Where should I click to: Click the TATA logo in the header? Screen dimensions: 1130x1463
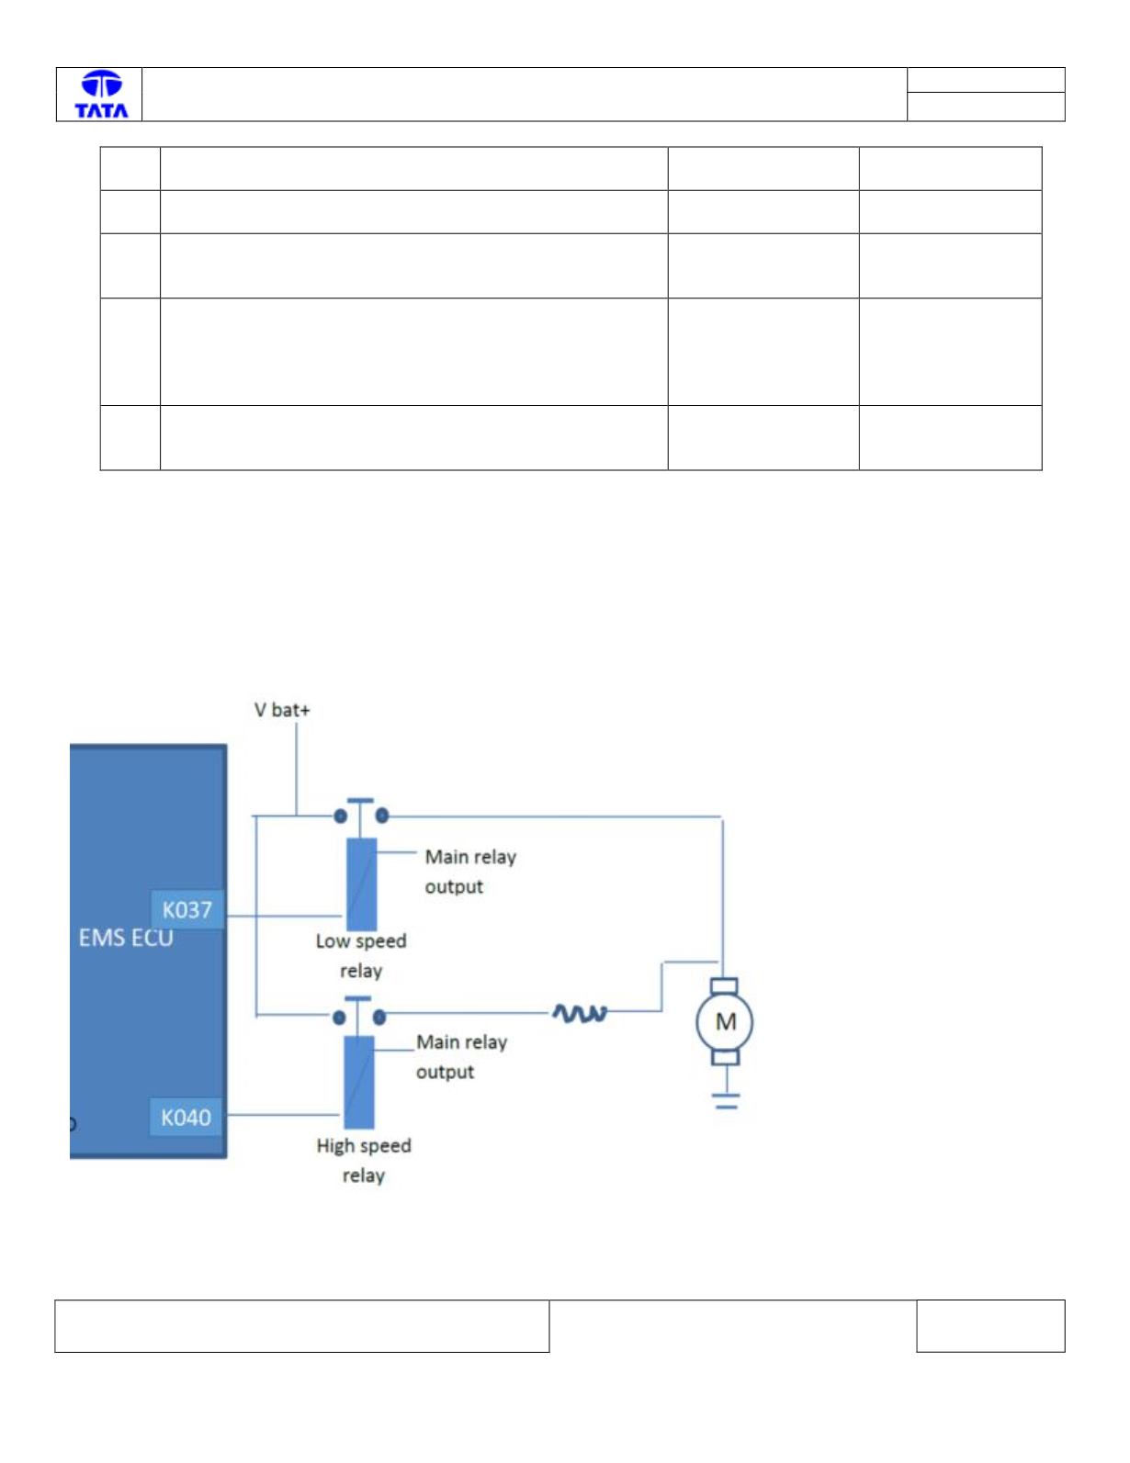coord(101,95)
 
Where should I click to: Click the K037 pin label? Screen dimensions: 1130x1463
coord(186,909)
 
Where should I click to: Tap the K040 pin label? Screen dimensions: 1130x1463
coord(186,1117)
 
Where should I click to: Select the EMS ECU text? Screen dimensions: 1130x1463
coord(126,938)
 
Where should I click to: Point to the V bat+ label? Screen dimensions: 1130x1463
coord(282,710)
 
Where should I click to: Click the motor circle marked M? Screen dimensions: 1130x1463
coord(725,1022)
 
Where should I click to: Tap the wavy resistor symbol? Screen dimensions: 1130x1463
coord(580,1013)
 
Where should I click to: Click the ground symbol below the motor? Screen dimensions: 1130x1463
coord(726,1101)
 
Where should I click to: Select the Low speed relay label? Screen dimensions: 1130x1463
coord(361,956)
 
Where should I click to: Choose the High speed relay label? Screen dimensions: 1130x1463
coord(364,1161)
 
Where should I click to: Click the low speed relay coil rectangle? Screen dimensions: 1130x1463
coord(362,884)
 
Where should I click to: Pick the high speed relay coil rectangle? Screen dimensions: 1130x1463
coord(359,1082)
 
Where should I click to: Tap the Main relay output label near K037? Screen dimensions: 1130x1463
coord(470,872)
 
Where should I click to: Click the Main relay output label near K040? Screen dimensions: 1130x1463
coord(462,1057)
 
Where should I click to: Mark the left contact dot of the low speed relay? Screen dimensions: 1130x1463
coord(341,816)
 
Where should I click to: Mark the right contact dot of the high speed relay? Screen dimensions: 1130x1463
coord(379,1017)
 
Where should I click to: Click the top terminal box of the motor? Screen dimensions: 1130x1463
coord(725,986)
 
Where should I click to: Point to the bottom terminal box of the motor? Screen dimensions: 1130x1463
coord(725,1058)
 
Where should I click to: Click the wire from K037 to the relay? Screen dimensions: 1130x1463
coord(284,917)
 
